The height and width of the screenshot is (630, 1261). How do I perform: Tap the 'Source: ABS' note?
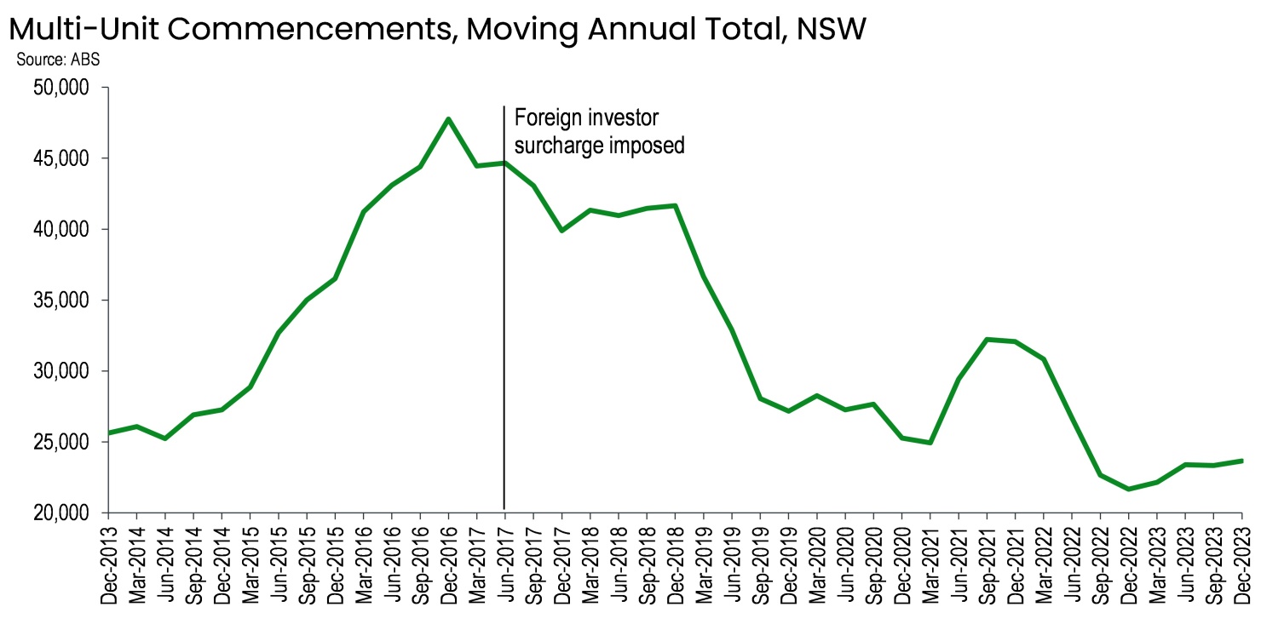(58, 61)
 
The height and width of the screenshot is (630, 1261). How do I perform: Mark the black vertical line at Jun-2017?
(504, 341)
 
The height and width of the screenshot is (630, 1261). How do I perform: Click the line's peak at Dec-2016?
(448, 118)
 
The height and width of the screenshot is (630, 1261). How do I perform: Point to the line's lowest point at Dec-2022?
(1128, 490)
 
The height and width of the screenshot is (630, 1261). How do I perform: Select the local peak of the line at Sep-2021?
(987, 339)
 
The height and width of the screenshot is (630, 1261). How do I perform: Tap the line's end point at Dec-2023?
(1241, 461)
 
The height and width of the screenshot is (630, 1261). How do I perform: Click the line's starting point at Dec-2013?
(108, 433)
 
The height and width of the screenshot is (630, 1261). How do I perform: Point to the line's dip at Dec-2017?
(561, 231)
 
